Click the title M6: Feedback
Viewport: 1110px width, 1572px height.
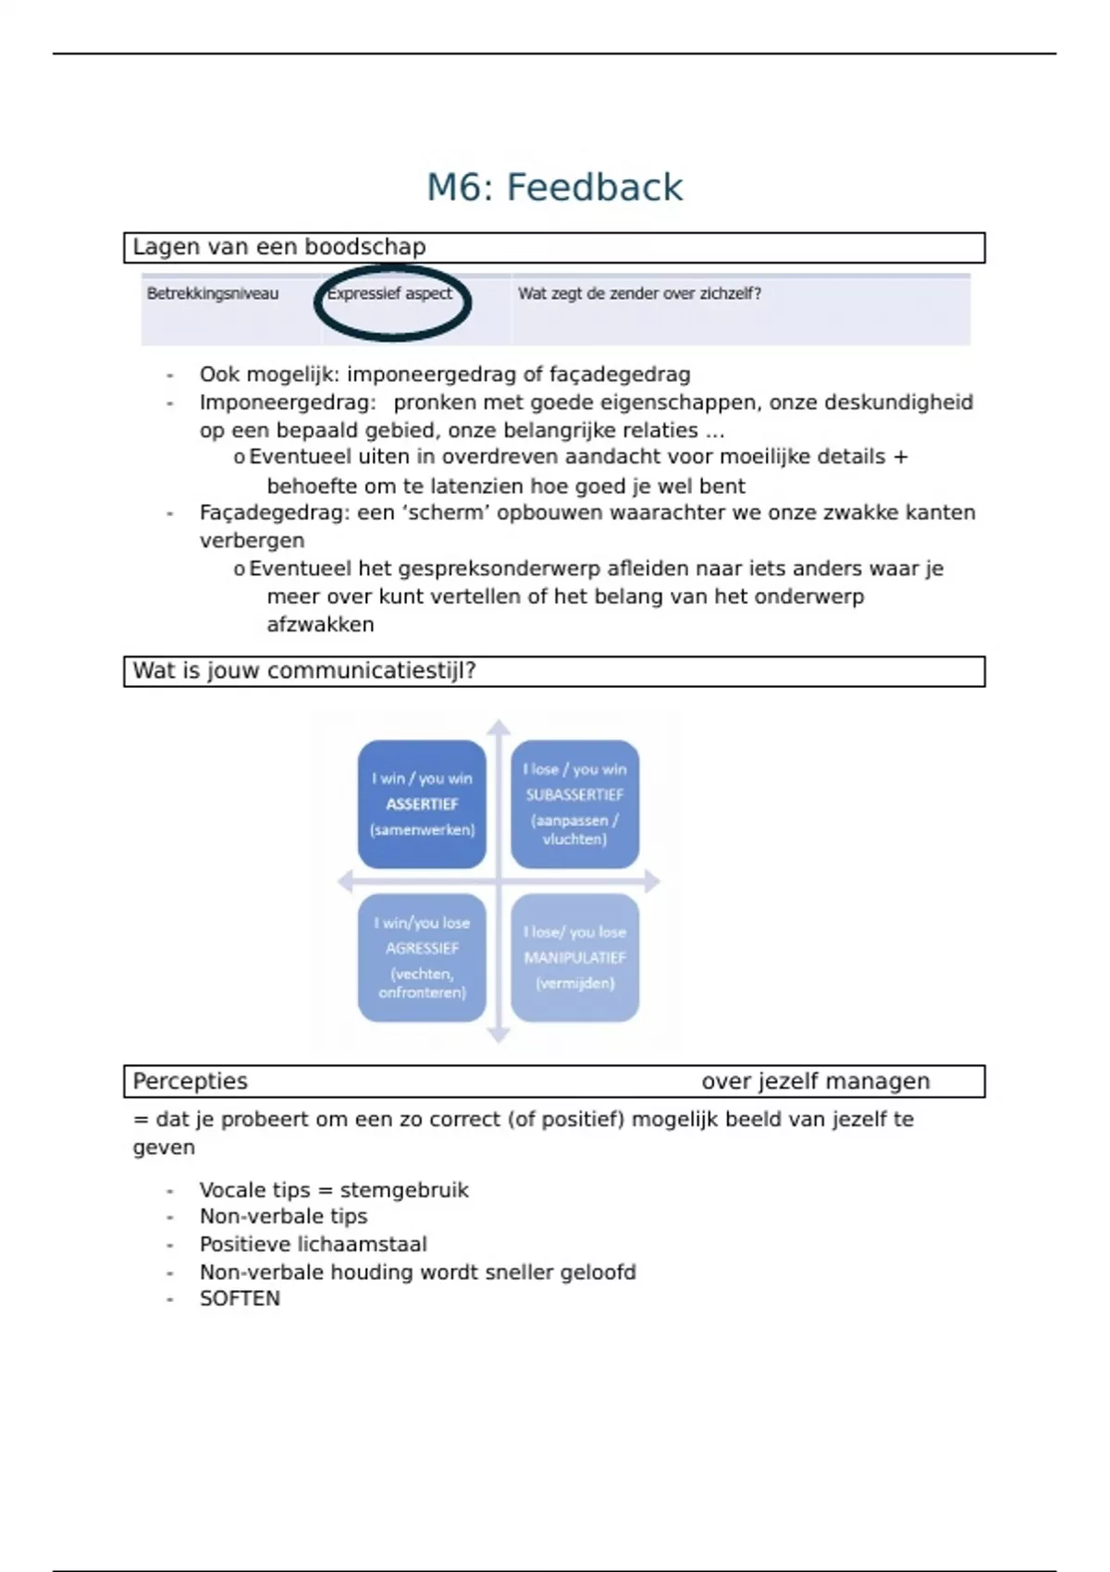[554, 188]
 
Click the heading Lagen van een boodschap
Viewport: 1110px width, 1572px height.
[279, 247]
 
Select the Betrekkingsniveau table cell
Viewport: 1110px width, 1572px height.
[213, 294]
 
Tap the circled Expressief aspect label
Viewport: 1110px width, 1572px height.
[390, 294]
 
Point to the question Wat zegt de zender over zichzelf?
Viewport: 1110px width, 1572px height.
[639, 294]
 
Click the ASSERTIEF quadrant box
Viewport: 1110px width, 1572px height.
[422, 804]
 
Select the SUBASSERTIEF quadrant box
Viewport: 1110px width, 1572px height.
[574, 804]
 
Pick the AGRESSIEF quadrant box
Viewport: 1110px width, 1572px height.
[422, 957]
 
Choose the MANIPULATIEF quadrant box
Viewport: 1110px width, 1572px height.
[574, 957]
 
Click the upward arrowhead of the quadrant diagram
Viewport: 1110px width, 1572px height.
[499, 727]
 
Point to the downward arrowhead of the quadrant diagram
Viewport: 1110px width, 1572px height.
[499, 1035]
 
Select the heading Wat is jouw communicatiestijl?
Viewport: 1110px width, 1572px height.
[303, 670]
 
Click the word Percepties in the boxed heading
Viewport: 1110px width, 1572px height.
[191, 1081]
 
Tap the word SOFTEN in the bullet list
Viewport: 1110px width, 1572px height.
[240, 1298]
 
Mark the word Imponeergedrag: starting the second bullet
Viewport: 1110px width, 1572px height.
[288, 402]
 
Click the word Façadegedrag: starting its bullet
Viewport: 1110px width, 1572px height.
[275, 512]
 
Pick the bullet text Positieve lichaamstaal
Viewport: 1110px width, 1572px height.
[314, 1244]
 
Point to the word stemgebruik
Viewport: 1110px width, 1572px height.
[404, 1190]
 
